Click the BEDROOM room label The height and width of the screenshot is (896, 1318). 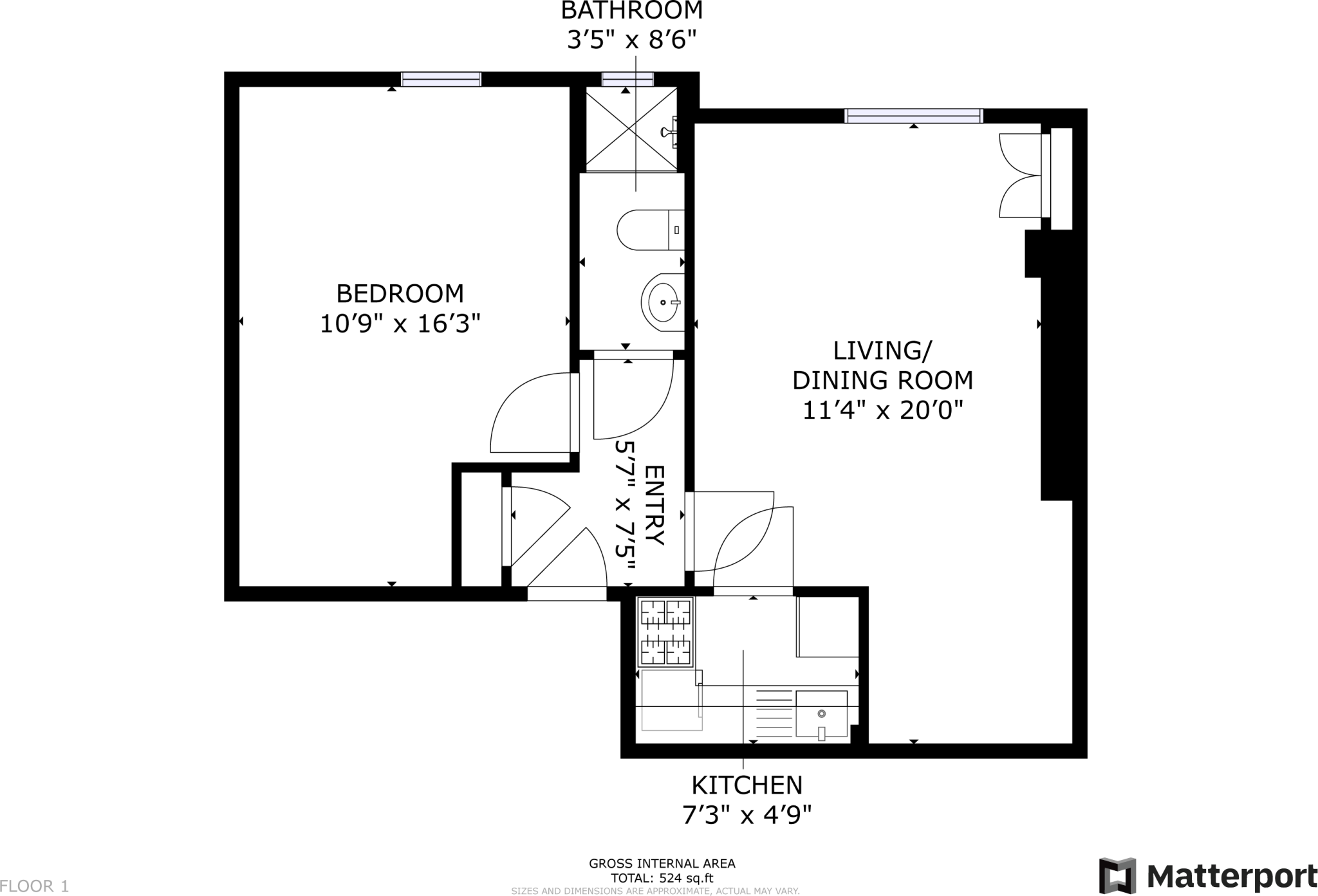[x=400, y=294]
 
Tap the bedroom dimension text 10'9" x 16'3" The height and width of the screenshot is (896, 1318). [x=400, y=324]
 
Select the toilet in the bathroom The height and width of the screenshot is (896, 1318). [x=647, y=230]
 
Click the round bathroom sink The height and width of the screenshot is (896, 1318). [x=662, y=302]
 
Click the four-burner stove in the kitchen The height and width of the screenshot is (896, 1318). [x=665, y=632]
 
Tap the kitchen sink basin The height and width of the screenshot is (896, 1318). [x=821, y=714]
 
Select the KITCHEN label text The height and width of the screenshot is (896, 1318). [x=747, y=785]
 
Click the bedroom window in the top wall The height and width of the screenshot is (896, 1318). [x=441, y=79]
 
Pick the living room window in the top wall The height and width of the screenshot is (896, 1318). [x=913, y=116]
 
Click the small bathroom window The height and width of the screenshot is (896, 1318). [x=627, y=79]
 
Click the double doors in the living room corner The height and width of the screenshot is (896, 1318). [x=1022, y=175]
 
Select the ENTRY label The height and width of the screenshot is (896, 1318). [x=653, y=505]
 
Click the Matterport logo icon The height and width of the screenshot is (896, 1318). [x=1117, y=875]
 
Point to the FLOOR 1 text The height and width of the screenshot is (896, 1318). [x=35, y=886]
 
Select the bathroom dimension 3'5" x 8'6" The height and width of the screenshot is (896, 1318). [x=631, y=41]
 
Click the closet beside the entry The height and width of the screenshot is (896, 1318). [x=481, y=529]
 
